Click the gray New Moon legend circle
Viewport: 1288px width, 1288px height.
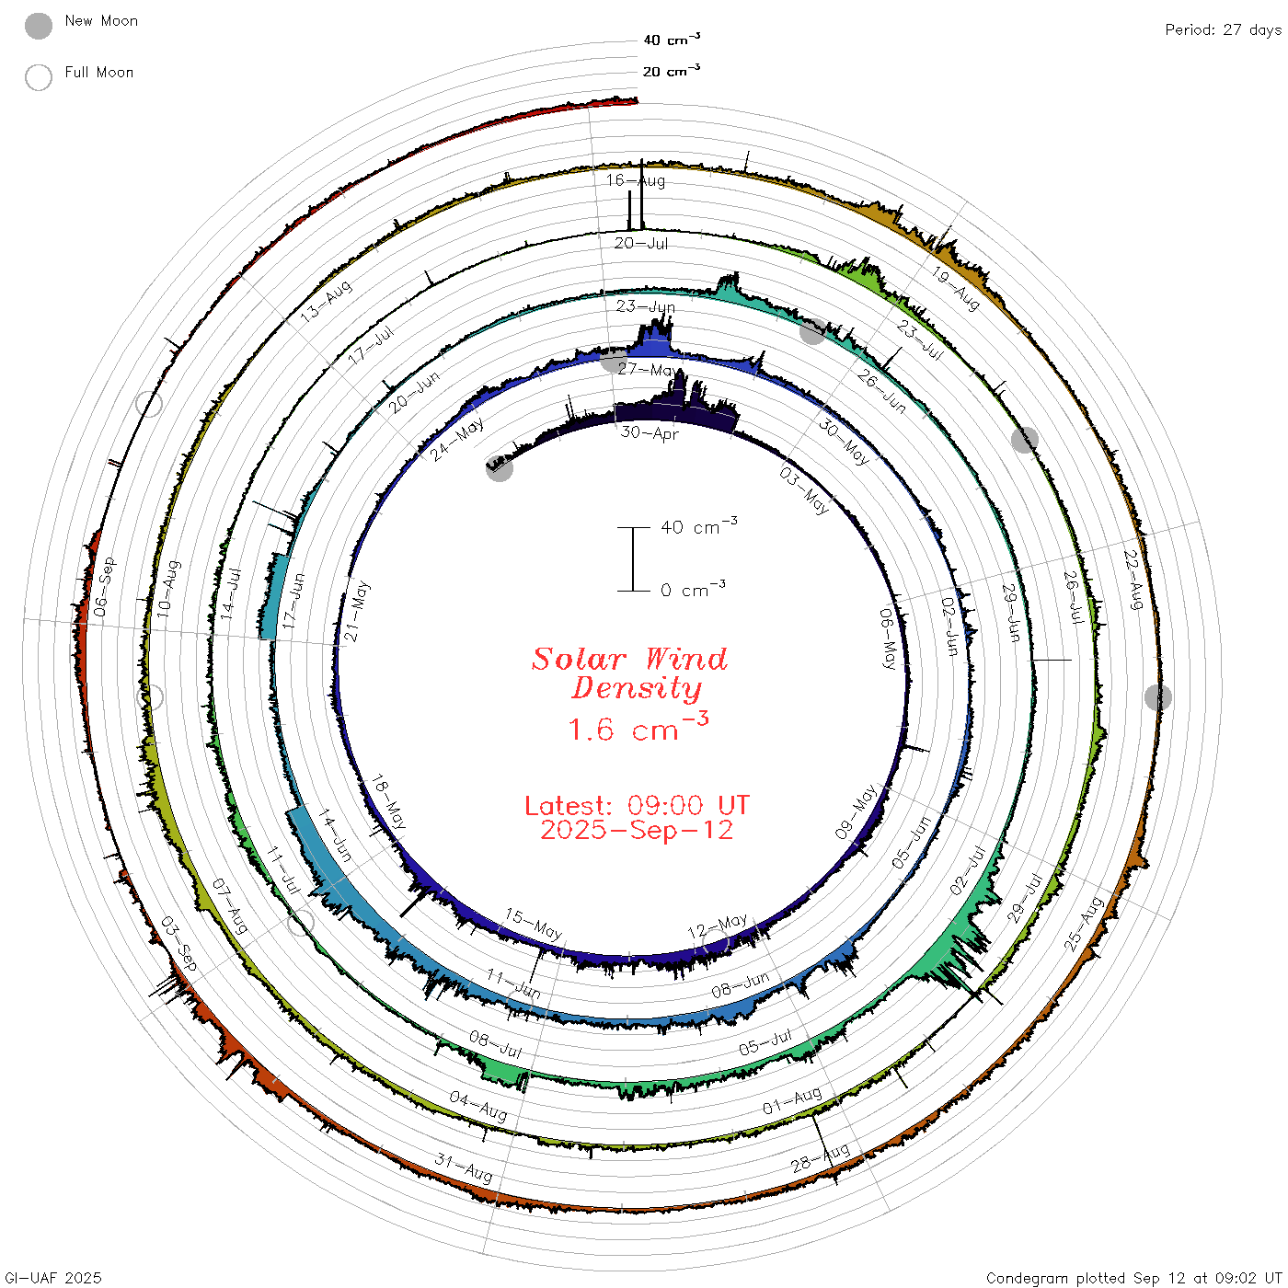[38, 26]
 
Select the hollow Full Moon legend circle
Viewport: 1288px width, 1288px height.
[38, 77]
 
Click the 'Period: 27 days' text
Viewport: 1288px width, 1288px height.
[1224, 30]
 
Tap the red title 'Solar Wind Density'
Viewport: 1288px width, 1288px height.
[629, 673]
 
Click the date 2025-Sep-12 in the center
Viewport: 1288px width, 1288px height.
[637, 830]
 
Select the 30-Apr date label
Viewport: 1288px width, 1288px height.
[649, 432]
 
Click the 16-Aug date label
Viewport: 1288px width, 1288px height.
[636, 180]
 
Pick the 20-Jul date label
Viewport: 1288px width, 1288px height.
[641, 243]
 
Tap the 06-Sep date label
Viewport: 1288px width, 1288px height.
[104, 586]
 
